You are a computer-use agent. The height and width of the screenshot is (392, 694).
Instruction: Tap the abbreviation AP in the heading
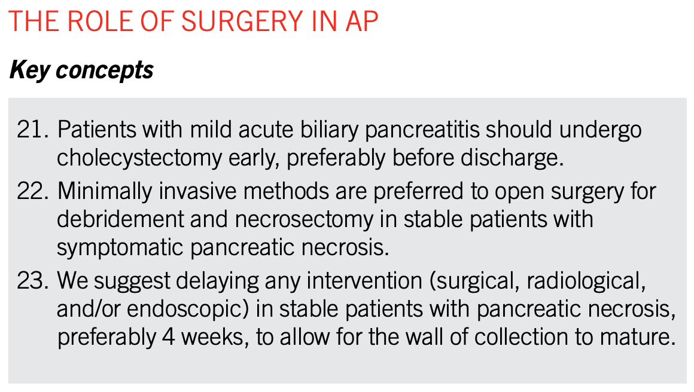coord(361,21)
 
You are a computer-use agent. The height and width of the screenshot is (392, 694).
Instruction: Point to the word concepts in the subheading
coord(105,71)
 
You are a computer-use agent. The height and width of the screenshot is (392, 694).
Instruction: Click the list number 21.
coord(32,130)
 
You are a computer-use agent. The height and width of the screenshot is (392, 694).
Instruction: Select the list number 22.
coord(32,191)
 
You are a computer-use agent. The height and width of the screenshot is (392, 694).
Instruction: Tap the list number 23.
coord(32,281)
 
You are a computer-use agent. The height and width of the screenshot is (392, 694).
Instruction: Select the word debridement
coord(120,220)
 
